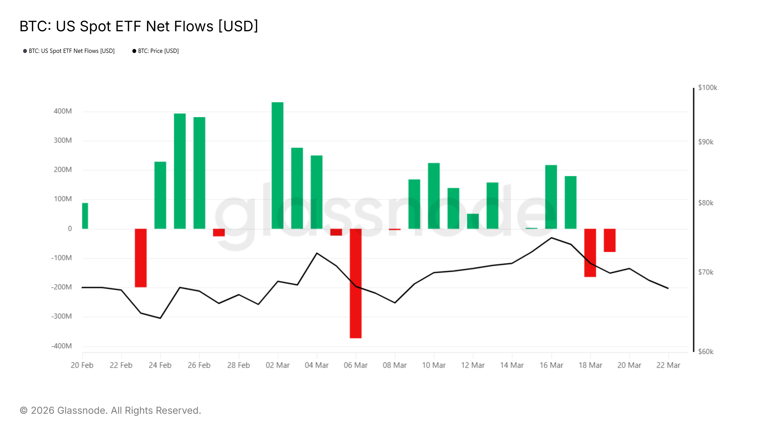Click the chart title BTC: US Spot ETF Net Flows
coord(139,26)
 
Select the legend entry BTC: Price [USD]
coord(158,51)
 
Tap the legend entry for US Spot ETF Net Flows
coord(71,51)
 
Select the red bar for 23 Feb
coord(141,258)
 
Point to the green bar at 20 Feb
coord(85,216)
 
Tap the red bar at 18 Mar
coord(590,253)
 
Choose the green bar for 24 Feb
coord(160,195)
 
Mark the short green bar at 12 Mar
coord(473,221)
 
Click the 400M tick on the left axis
coord(63,111)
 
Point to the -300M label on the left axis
coord(61,316)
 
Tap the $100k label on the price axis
coord(707,88)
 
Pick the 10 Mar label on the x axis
coord(433,365)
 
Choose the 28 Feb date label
coord(238,365)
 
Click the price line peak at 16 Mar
coord(552,238)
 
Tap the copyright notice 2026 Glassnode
coord(110,411)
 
